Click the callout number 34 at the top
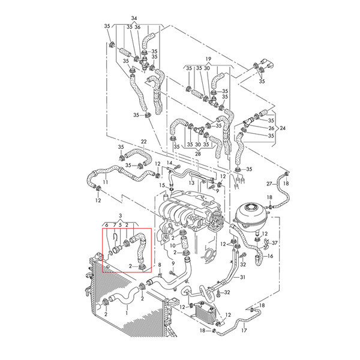[x=133, y=18]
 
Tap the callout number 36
[x=137, y=27]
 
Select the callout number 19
[x=209, y=60]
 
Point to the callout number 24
[x=283, y=128]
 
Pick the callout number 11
[x=106, y=182]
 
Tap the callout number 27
[x=269, y=183]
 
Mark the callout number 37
[x=275, y=242]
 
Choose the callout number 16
[x=270, y=256]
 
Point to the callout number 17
[x=244, y=330]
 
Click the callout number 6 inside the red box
[x=107, y=224]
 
